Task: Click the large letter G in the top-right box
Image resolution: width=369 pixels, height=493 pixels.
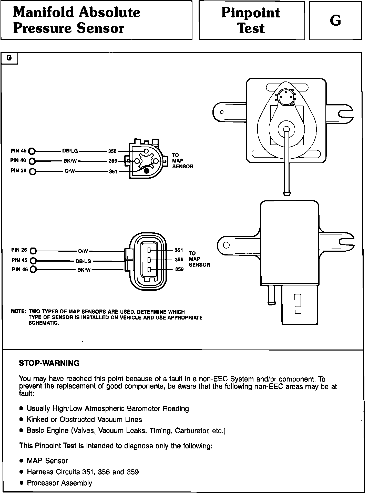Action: click(x=335, y=20)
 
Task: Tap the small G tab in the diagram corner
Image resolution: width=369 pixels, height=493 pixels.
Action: click(x=9, y=58)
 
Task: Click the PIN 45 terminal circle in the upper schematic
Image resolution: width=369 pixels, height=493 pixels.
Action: click(x=32, y=151)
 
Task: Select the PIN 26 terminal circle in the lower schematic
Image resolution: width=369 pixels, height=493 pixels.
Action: click(x=33, y=251)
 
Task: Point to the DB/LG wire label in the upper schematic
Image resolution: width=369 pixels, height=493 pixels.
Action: click(x=70, y=151)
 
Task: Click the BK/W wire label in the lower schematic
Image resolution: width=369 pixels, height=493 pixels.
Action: click(x=84, y=270)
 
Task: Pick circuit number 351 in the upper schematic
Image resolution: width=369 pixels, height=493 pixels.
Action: click(x=113, y=171)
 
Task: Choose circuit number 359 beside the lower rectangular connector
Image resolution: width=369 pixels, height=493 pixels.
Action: click(x=179, y=269)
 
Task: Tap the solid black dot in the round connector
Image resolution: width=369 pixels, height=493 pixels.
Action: click(x=147, y=171)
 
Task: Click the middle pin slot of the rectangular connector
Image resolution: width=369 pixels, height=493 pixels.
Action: click(x=149, y=260)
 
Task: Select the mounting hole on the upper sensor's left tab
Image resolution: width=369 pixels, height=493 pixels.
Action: click(x=222, y=112)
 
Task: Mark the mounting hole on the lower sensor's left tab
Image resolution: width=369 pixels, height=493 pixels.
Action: click(x=226, y=245)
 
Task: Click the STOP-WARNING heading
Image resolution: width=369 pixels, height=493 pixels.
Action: click(x=49, y=363)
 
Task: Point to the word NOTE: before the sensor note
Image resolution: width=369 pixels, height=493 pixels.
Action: click(x=18, y=312)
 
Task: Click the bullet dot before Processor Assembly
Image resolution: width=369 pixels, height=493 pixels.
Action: click(x=22, y=483)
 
